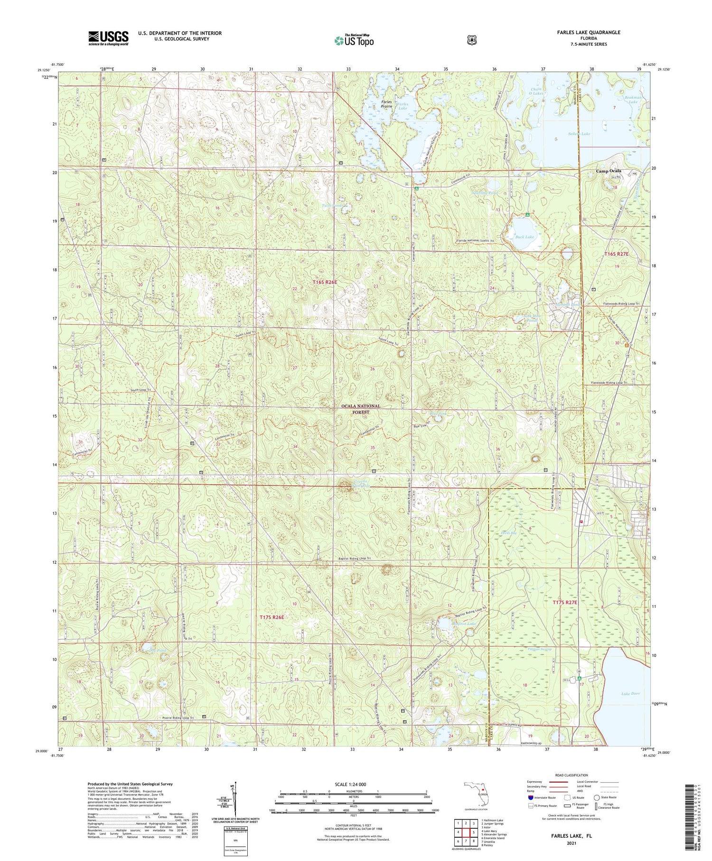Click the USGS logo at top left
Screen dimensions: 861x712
pos(108,38)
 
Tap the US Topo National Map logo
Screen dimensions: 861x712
pos(354,40)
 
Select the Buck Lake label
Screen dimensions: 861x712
pos(525,237)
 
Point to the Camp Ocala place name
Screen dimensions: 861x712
pos(609,171)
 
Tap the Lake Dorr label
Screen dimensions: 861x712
pos(630,693)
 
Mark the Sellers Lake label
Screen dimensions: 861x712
pos(579,134)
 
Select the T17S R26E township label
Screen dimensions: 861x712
pos(272,617)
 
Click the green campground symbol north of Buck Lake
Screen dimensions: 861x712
pos(527,215)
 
